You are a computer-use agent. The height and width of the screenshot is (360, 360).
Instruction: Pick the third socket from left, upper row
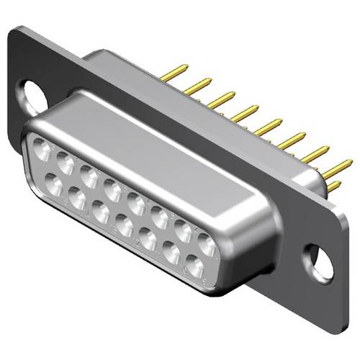[89, 176]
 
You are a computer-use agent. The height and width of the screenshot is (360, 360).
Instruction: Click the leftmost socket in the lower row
[55, 181]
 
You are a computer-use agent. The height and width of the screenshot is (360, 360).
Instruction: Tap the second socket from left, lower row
[78, 195]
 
